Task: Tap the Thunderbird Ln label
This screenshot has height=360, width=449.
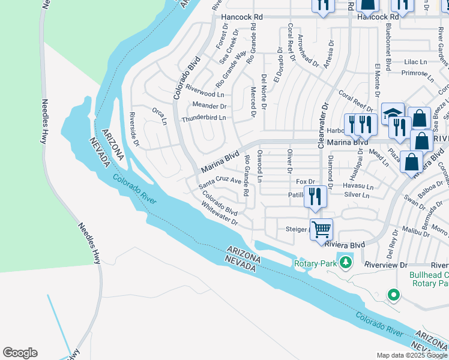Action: (x=203, y=118)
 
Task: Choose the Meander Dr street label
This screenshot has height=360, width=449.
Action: (x=209, y=106)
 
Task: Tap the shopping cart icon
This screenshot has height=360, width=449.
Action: (x=322, y=229)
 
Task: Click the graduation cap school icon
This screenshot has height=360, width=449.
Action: (x=393, y=113)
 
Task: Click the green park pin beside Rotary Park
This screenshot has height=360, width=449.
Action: (x=345, y=262)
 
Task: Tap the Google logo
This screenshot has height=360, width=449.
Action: (x=20, y=353)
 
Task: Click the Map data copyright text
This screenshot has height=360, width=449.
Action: (x=412, y=355)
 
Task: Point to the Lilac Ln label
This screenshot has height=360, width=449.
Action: (x=415, y=62)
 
